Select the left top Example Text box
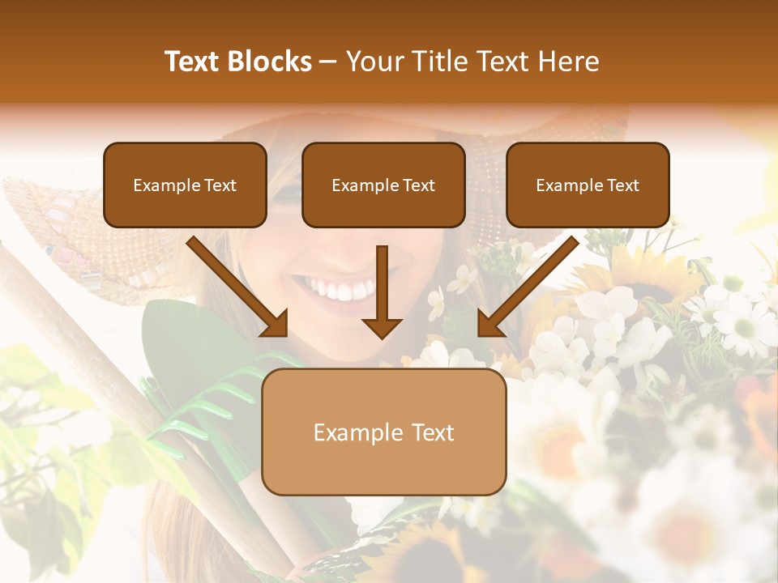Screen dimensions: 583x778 [185, 185]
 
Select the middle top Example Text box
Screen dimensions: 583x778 [383, 185]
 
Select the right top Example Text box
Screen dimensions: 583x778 [588, 185]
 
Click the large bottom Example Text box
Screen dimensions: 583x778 [383, 432]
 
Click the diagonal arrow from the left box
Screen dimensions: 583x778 [239, 287]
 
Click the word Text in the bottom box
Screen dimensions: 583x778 [433, 432]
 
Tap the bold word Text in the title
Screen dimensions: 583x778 [194, 62]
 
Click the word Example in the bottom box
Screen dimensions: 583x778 [358, 432]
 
